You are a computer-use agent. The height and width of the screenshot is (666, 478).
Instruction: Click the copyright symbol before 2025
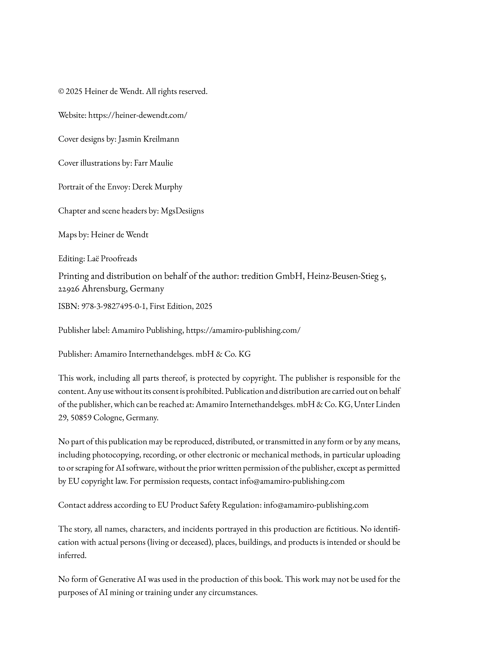61,92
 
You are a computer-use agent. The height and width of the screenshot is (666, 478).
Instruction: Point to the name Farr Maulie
153,163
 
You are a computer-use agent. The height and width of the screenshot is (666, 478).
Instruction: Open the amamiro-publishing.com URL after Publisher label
243,330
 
